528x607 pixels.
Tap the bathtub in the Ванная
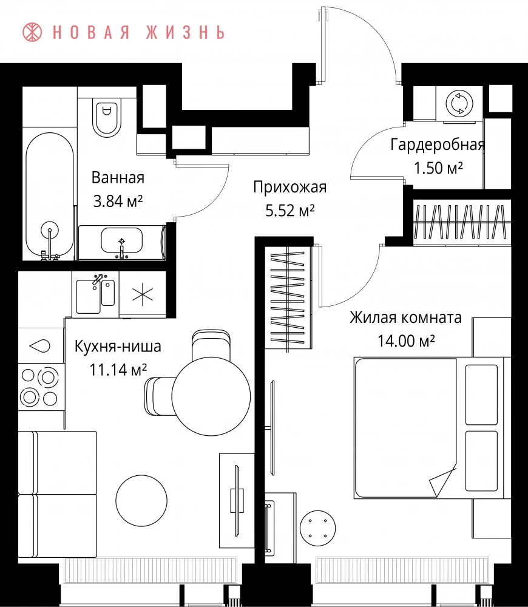(x=50, y=196)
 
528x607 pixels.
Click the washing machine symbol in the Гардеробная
(x=459, y=103)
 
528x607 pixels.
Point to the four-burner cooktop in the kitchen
(x=40, y=387)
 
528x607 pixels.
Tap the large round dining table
(x=211, y=396)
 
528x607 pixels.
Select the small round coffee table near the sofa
(x=141, y=501)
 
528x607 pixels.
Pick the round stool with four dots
(x=318, y=528)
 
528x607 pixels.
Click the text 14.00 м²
(x=406, y=341)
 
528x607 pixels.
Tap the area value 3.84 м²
(x=118, y=201)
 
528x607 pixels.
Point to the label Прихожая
(x=290, y=188)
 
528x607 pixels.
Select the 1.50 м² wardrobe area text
(x=438, y=168)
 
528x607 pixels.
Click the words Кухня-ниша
(x=118, y=347)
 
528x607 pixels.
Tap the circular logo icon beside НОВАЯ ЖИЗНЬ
(x=32, y=32)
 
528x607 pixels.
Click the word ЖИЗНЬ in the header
(x=186, y=32)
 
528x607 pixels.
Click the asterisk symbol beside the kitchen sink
(x=143, y=294)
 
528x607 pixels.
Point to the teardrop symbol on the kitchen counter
(x=40, y=345)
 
